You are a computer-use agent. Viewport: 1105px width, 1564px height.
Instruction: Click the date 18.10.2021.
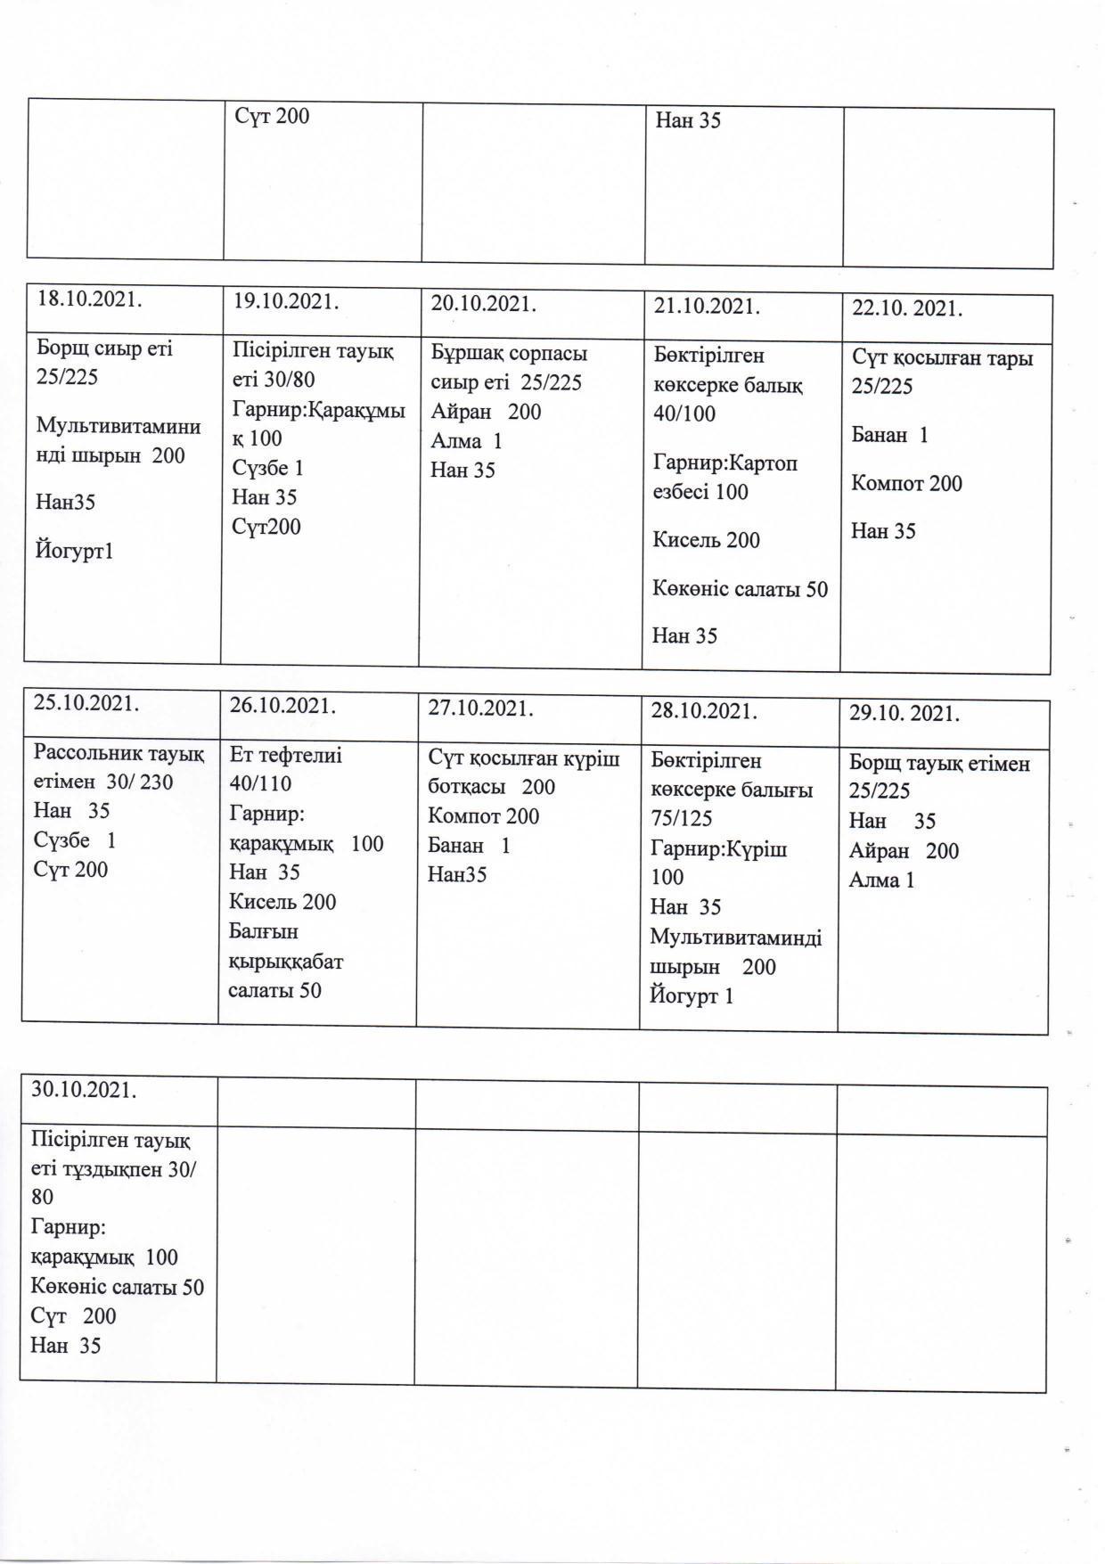[89, 299]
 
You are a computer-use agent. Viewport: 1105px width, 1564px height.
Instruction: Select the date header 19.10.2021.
[285, 301]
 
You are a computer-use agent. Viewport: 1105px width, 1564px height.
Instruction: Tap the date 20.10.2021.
[483, 304]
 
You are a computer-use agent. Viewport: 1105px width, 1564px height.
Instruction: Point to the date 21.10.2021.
[707, 307]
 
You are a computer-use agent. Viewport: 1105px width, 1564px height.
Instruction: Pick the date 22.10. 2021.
[907, 309]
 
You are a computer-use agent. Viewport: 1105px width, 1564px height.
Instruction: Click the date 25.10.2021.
[86, 702]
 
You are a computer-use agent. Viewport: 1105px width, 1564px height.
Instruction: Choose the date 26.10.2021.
[282, 706]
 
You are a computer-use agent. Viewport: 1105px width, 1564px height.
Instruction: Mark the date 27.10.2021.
[480, 708]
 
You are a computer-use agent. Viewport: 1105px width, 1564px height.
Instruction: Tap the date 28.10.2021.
[704, 711]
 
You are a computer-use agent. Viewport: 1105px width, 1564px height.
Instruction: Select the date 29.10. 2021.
[904, 714]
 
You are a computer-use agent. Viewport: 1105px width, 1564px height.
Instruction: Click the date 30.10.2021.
[85, 1089]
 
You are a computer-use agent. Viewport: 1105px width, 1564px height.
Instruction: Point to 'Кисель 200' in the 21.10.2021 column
[706, 540]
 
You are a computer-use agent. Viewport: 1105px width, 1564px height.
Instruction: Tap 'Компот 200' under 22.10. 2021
[906, 484]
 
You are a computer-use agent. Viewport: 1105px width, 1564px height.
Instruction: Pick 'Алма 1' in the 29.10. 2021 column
[881, 880]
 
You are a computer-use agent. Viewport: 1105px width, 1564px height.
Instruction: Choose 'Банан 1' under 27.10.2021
[469, 846]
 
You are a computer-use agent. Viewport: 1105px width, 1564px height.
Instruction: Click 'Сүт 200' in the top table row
[272, 116]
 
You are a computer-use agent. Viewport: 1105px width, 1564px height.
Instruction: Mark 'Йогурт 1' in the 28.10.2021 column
[692, 995]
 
